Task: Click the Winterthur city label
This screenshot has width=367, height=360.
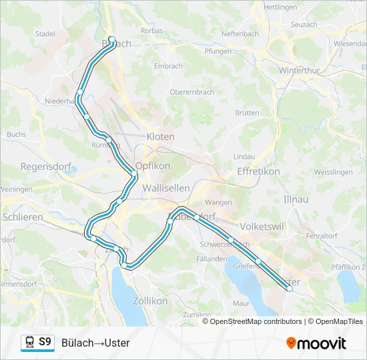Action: click(x=300, y=70)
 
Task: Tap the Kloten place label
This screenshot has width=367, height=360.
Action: click(x=160, y=137)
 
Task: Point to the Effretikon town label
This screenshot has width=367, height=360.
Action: click(x=258, y=171)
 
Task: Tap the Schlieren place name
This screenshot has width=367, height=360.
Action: click(x=23, y=217)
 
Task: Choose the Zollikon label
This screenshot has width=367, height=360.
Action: click(x=151, y=301)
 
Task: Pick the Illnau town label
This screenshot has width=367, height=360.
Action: click(x=296, y=199)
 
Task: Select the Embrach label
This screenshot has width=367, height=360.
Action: click(x=167, y=66)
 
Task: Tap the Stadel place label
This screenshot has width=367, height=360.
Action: click(x=45, y=33)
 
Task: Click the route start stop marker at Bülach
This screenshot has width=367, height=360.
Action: click(x=111, y=39)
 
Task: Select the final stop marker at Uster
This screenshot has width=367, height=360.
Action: click(x=289, y=289)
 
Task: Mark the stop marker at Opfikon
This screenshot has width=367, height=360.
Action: click(x=134, y=174)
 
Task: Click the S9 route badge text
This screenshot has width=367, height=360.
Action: click(x=45, y=342)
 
